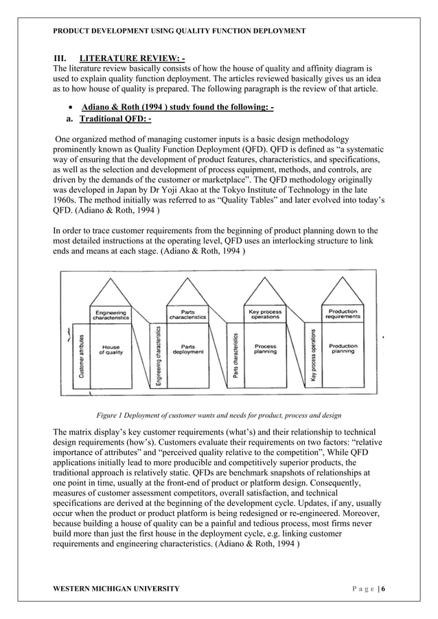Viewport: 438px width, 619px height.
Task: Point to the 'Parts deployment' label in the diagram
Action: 187,349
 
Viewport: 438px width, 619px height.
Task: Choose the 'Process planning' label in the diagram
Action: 265,349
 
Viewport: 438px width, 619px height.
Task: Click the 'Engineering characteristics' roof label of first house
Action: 111,315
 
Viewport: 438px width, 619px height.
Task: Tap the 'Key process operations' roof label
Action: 265,315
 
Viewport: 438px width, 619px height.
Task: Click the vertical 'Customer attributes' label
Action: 82,358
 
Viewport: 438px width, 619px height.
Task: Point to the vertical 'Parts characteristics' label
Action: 236,356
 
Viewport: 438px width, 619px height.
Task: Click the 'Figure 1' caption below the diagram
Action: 220,415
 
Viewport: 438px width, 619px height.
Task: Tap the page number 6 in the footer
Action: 394,589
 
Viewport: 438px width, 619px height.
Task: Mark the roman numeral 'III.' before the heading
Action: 60,57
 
